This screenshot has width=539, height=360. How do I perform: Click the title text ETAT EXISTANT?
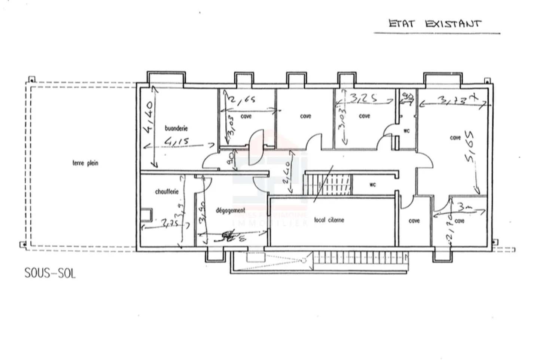point(435,24)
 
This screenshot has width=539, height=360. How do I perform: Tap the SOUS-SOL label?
point(50,273)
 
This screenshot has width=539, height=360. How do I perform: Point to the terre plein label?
point(85,163)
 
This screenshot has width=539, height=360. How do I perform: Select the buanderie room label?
point(176,128)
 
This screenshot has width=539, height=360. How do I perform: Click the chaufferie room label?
point(167,192)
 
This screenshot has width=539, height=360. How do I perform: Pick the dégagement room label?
point(231,211)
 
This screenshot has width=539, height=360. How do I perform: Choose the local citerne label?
point(329,220)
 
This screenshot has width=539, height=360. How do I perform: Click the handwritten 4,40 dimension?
point(149,117)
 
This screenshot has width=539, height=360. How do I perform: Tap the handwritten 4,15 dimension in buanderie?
point(176,142)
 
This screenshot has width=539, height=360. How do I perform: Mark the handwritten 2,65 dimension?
point(242,100)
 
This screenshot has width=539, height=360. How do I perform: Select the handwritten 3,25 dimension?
point(363,98)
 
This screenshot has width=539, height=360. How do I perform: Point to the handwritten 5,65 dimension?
point(469,146)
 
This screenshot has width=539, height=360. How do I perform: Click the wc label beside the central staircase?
point(372,184)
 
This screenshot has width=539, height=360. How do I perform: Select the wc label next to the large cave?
point(406,131)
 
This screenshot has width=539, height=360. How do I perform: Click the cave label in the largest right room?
point(455,138)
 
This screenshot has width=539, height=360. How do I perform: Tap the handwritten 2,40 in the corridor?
point(286,172)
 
